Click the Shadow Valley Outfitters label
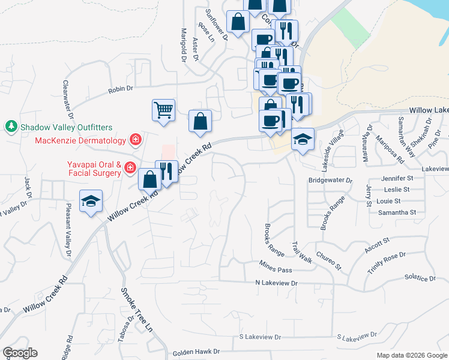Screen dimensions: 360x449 [67, 127]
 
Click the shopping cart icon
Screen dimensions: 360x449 [163, 110]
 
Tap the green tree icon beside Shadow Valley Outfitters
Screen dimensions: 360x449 [10, 127]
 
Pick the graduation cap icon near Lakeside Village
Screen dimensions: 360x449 [303, 139]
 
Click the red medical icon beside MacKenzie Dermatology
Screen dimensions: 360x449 [136, 140]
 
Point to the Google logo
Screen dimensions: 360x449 [20, 353]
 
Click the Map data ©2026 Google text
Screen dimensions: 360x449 [411, 355]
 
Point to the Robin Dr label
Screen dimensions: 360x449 [120, 89]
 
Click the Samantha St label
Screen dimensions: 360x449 [397, 212]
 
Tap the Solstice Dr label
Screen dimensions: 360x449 [420, 278]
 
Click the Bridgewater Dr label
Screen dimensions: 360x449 [330, 180]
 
